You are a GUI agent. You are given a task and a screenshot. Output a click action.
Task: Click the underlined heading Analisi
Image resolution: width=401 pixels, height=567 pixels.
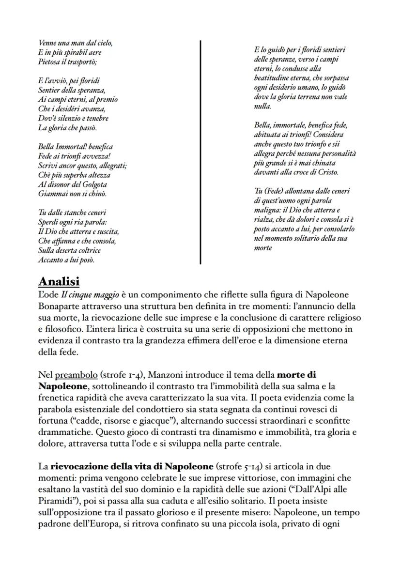tap(59, 281)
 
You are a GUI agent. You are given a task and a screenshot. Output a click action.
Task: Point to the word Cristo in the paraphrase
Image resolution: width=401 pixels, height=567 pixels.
tap(327, 172)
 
